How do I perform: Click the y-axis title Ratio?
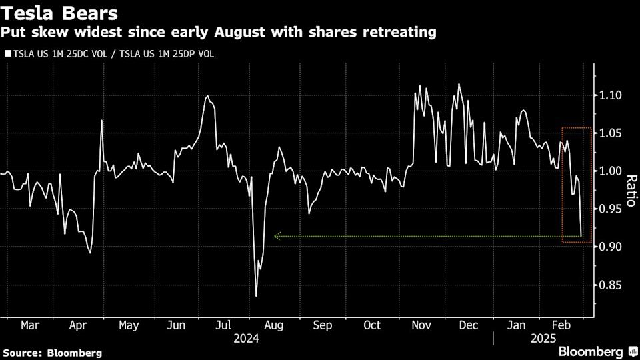[x=629, y=191]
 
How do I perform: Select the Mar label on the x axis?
[x=30, y=325]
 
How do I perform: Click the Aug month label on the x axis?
[x=274, y=325]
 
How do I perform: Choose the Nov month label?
[x=421, y=325]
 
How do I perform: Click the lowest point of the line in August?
[x=257, y=296]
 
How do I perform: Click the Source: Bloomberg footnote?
[x=53, y=352]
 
